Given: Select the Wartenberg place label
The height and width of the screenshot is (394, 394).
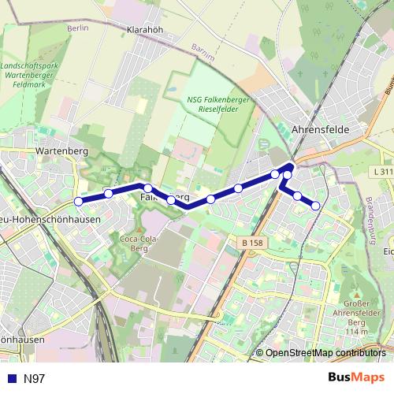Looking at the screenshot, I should [60, 148].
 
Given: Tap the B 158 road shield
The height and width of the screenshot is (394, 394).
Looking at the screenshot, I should [251, 244].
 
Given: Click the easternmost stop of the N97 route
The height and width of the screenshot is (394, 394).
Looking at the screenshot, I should [316, 206].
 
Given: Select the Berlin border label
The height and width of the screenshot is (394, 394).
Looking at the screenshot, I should [77, 28].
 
